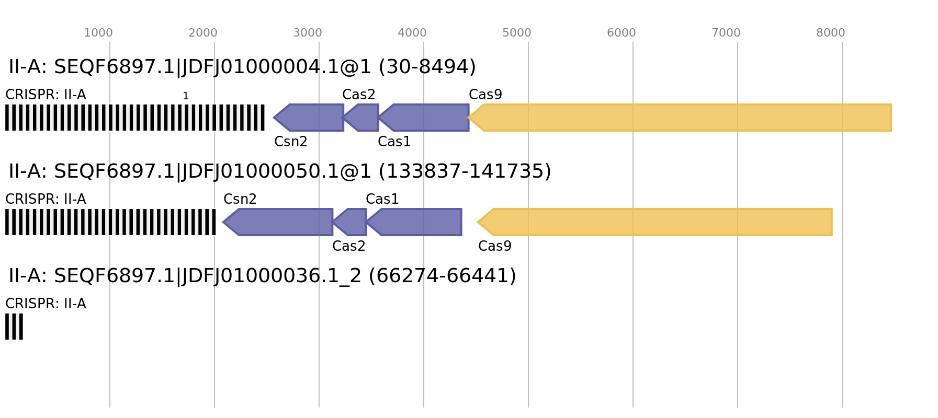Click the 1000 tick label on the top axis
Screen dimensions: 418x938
coord(98,33)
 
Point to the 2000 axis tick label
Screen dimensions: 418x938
coord(203,33)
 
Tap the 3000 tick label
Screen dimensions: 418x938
coord(308,33)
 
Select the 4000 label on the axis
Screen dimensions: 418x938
coord(412,33)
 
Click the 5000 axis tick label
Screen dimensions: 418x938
coord(517,33)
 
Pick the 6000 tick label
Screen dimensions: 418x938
coord(621,33)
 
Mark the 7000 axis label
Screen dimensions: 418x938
coord(726,33)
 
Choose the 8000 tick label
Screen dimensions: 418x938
coord(831,33)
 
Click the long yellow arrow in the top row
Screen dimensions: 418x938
coord(680,118)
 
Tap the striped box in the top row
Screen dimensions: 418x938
coord(135,118)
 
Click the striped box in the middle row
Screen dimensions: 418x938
coord(110,222)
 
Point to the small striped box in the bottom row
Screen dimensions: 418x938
coord(14,327)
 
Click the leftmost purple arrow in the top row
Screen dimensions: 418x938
coord(311,118)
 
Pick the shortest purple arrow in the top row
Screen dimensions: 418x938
coord(363,118)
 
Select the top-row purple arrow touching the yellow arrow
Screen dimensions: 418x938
coord(426,118)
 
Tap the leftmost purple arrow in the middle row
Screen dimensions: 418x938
coord(280,222)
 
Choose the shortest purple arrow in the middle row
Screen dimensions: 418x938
coord(352,222)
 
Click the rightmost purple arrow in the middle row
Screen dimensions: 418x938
coord(416,222)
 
